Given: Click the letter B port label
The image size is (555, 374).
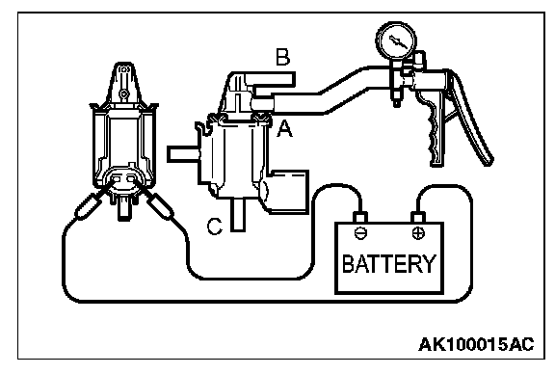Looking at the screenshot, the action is tap(283, 58).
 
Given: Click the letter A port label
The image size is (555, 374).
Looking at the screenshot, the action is tap(284, 128).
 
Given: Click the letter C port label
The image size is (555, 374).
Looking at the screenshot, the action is tap(215, 226).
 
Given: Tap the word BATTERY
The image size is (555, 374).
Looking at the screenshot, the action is tap(388, 263).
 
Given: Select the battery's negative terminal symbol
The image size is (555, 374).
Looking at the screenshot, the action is tap(360, 232).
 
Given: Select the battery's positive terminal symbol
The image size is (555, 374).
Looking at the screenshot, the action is tap(419, 232).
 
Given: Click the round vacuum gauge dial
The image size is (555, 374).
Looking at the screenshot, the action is tap(396, 41).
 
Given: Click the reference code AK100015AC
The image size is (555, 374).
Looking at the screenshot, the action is tap(476, 344).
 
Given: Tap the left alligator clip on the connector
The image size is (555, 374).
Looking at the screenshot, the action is tap(88, 206).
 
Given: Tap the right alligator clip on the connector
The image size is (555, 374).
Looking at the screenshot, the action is tap(160, 205).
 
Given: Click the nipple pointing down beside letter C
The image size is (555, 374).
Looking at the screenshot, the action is tap(238, 215).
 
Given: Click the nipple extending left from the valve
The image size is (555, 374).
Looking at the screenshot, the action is tap(183, 154).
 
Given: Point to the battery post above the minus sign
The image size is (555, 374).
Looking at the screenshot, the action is tap(360, 217).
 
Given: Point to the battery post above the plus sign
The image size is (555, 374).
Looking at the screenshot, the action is tap(418, 217).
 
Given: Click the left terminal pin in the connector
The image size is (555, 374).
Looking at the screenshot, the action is tap(115, 179).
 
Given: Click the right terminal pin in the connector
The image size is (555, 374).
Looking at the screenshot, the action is tap(131, 179).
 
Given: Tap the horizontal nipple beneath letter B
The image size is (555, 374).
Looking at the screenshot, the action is tap(272, 79).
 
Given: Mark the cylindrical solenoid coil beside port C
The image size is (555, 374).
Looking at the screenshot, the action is tap(285, 192).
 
